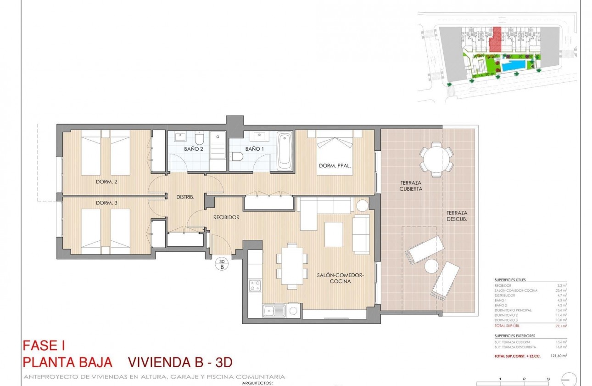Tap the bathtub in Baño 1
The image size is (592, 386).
[285, 151]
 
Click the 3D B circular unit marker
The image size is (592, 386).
[222, 264]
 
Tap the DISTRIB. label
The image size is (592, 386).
[185, 197]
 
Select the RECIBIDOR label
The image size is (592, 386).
[226, 217]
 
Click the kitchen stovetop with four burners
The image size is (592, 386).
[255, 285]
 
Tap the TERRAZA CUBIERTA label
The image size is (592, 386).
[410, 186]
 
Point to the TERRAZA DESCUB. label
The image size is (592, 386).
[456, 216]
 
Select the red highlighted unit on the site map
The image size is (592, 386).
[495, 40]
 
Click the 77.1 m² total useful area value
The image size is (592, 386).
[562, 325]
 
